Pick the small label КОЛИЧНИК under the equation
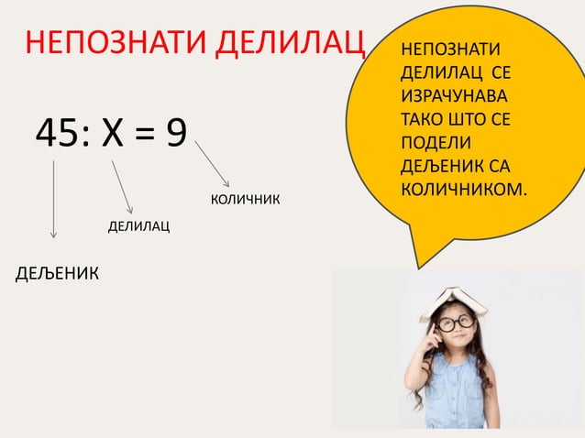coord(245,200)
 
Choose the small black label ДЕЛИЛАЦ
coord(138,225)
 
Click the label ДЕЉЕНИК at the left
coord(59,273)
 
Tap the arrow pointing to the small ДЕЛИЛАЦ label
coord(122,187)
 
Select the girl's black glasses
coord(455,322)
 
